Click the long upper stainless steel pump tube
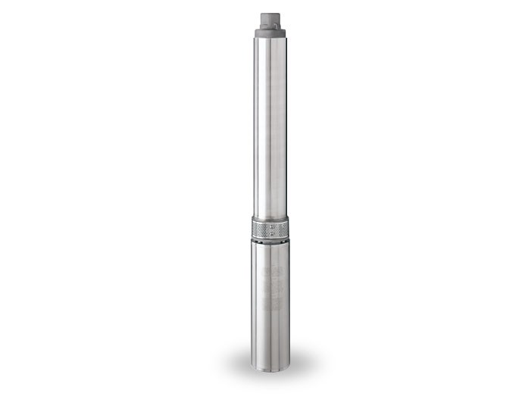(270, 129)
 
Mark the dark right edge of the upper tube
(287, 129)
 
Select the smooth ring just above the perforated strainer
(270, 219)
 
